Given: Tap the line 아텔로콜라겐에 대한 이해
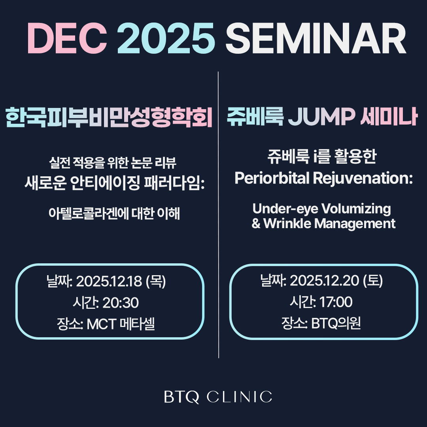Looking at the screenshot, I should pos(114,214).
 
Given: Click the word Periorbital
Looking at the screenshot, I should pos(272,178).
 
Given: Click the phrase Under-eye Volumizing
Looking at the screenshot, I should pos(321,208).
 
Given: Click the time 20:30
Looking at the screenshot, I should pos(121,303).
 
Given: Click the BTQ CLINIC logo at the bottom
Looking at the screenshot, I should pos(218,397).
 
